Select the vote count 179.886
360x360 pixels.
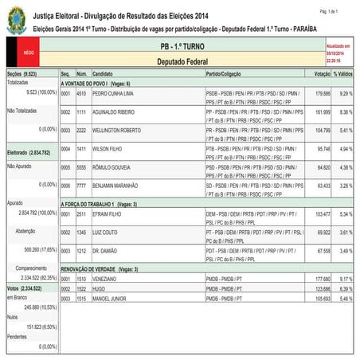click(323, 93)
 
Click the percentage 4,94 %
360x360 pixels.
click(342, 149)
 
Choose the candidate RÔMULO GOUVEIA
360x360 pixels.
click(112, 167)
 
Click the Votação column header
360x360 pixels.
click(322, 73)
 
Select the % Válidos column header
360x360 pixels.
click(342, 73)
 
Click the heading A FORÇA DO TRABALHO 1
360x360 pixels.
click(94, 205)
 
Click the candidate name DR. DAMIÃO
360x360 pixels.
click(106, 251)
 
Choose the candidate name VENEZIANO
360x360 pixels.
click(106, 279)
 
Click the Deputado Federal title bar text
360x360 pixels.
click(182, 61)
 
